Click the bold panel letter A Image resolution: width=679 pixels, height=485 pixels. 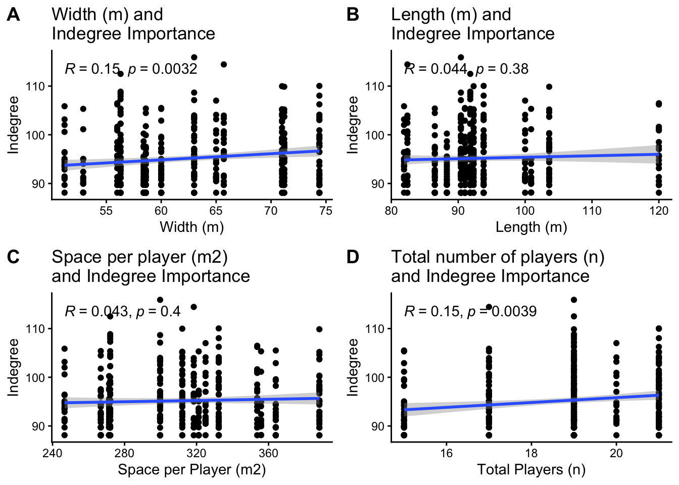(14, 15)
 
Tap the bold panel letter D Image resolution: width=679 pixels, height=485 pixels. (353, 257)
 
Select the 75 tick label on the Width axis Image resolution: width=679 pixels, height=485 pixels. (326, 211)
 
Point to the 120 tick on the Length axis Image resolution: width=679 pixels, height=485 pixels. (659, 211)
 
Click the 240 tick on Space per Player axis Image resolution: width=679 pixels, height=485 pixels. (53, 453)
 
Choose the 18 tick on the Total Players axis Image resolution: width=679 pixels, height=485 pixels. (531, 453)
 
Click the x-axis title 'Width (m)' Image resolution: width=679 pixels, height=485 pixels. (192, 227)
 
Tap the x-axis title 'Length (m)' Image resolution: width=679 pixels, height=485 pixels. (531, 227)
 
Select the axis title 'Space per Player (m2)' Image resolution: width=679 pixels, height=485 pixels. (192, 470)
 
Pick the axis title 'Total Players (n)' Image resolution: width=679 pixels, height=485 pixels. (531, 470)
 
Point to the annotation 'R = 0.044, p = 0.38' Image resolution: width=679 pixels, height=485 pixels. (466, 69)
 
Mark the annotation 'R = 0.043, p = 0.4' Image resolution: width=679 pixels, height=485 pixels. (123, 311)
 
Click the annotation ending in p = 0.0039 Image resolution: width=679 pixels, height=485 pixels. (470, 311)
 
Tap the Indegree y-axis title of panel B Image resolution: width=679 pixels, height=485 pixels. (353, 125)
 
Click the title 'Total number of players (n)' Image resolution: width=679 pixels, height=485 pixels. (498, 257)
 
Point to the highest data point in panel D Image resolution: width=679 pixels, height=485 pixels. (574, 300)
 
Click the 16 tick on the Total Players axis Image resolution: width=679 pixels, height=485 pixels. (446, 453)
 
